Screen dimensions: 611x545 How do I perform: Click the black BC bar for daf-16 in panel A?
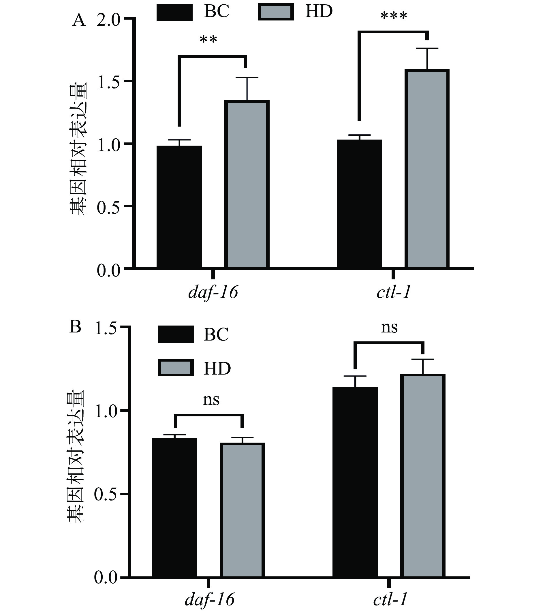(179, 206)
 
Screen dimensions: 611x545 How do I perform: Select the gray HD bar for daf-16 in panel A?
(247, 184)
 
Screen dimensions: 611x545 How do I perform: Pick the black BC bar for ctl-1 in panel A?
(359, 204)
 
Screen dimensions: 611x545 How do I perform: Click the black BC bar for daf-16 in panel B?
(174, 509)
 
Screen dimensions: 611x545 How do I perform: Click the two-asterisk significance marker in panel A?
(208, 40)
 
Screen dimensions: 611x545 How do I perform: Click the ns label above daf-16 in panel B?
(211, 400)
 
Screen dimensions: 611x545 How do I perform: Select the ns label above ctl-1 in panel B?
(389, 328)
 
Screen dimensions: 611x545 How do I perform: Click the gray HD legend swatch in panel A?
(276, 12)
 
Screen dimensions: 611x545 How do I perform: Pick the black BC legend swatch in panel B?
(176, 334)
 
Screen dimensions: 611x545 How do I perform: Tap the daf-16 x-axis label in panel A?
(213, 292)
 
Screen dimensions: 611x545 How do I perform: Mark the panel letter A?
(79, 20)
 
